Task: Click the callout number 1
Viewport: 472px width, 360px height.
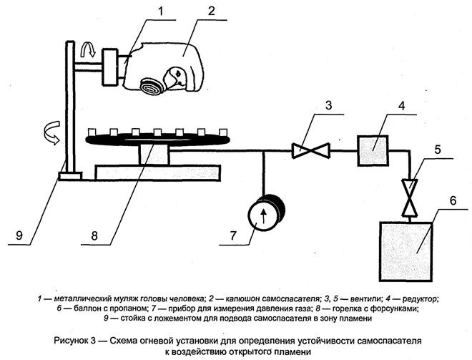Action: coord(160,11)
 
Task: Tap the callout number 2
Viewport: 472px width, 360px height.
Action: coord(211,11)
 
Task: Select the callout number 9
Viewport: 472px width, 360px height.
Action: coord(19,235)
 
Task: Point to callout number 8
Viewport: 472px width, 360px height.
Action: coord(94,235)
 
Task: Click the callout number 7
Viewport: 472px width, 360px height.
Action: coord(234,235)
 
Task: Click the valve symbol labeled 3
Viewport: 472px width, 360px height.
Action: coord(311,150)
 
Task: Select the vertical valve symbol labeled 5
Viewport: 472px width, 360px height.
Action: coord(410,198)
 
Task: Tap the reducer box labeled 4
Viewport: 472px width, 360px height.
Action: coord(373,150)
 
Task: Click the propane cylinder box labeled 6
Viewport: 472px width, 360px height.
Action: coord(405,251)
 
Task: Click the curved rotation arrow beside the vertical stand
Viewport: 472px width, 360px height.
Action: coord(51,132)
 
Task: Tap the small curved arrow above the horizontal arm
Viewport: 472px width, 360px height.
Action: coord(89,50)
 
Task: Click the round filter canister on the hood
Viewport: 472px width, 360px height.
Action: coord(152,87)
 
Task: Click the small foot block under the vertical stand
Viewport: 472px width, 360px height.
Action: coord(71,176)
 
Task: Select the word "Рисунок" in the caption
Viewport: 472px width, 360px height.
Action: coord(70,341)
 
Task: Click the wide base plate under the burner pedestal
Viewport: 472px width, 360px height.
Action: coord(158,172)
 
